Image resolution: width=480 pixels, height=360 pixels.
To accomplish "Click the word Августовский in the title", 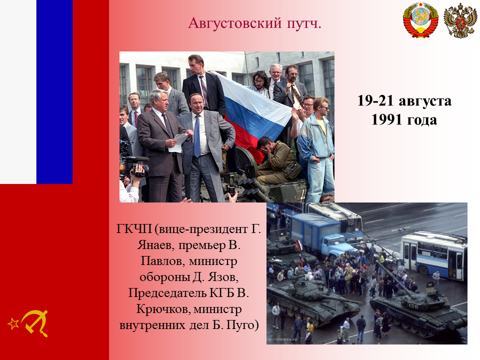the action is [234, 23].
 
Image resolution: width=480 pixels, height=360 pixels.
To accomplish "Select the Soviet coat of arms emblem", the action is [420, 20].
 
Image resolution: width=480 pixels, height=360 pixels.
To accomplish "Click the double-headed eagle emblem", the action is [460, 21].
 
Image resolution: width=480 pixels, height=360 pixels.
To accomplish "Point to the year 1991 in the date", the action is [386, 119].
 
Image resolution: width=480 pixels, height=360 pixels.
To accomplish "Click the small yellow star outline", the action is [13, 323].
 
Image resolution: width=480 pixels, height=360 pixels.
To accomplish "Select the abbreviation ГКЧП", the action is [134, 229].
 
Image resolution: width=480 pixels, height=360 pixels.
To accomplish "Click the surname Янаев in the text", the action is [155, 245].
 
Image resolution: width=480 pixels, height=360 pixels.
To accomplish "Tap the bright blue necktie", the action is [197, 136].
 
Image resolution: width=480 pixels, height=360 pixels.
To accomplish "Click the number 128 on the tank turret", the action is [412, 306].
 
